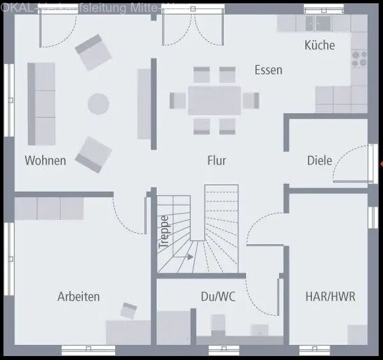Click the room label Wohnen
[x=45, y=160]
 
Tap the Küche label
[x=319, y=45]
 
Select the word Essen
[x=268, y=70]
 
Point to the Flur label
[x=217, y=160]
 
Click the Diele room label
[x=319, y=160]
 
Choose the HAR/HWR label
[x=330, y=296]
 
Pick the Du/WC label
[x=218, y=296]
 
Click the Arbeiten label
[x=78, y=296]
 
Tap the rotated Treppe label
[x=165, y=231]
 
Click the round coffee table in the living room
[x=99, y=103]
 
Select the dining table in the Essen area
[x=214, y=101]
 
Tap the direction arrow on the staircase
[x=190, y=256]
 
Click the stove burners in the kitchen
[x=359, y=58]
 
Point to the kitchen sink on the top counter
[x=322, y=24]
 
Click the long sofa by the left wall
[x=41, y=103]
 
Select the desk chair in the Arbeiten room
[x=129, y=309]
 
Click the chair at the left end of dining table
[x=178, y=101]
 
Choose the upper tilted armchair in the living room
[x=93, y=51]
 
